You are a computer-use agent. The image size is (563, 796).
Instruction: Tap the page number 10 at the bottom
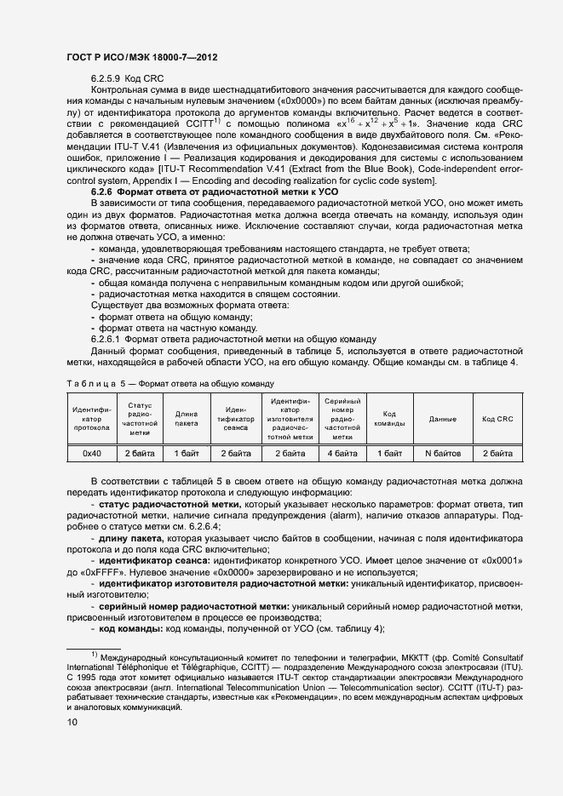tap(72, 723)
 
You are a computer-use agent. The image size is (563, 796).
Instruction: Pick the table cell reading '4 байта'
tap(342, 454)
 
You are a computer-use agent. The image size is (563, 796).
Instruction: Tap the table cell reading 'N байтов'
tap(442, 454)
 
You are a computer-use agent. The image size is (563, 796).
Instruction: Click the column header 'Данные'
tap(442, 419)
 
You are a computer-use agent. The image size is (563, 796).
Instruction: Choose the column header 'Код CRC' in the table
tap(497, 419)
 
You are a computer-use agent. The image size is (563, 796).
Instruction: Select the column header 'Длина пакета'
tap(186, 419)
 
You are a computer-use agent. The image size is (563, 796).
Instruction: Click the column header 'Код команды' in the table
tap(389, 419)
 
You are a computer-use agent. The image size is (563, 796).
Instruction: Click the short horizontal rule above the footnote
tap(94, 648)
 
